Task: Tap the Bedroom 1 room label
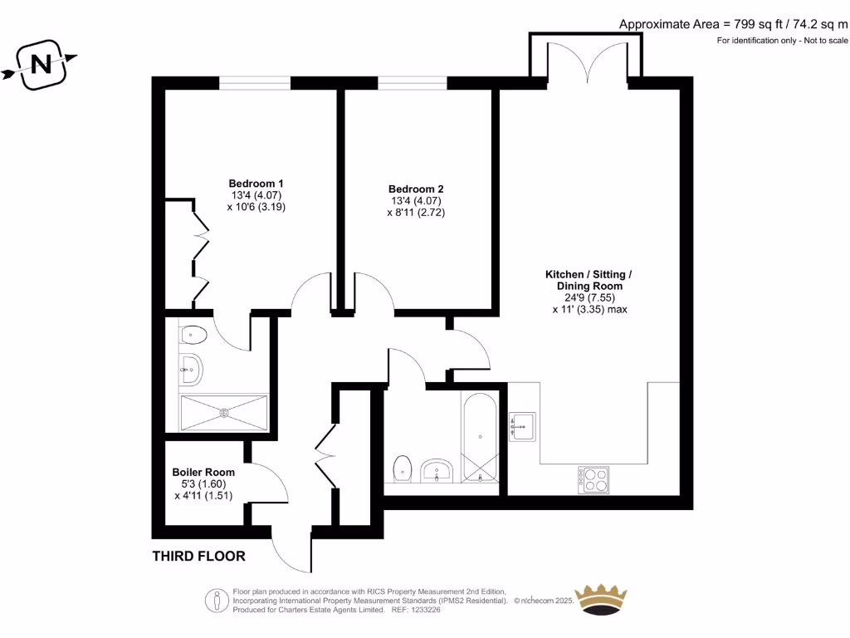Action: pyautogui.click(x=256, y=184)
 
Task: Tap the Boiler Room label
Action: pyautogui.click(x=203, y=472)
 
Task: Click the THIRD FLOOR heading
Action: pyautogui.click(x=198, y=556)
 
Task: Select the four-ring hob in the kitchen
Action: pyautogui.click(x=594, y=480)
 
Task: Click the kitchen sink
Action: pyautogui.click(x=522, y=425)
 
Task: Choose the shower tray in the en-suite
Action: pyautogui.click(x=224, y=412)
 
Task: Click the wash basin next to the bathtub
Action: pyautogui.click(x=436, y=471)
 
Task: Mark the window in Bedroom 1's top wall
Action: pyautogui.click(x=255, y=83)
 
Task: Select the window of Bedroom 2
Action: pyautogui.click(x=413, y=83)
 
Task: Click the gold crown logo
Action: pyautogui.click(x=601, y=599)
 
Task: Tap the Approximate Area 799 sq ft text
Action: pyautogui.click(x=733, y=24)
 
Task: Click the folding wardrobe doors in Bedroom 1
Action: pyautogui.click(x=200, y=254)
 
